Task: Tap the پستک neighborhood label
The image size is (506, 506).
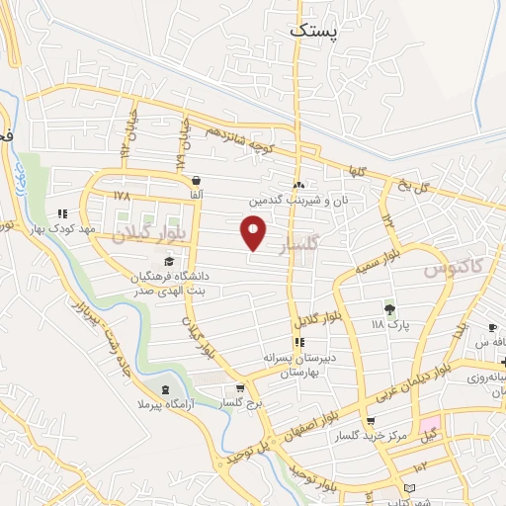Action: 315,31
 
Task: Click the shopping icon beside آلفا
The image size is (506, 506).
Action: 198,181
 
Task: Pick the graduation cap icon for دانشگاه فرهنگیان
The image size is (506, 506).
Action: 169,262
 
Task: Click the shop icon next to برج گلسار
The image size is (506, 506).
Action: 240,389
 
